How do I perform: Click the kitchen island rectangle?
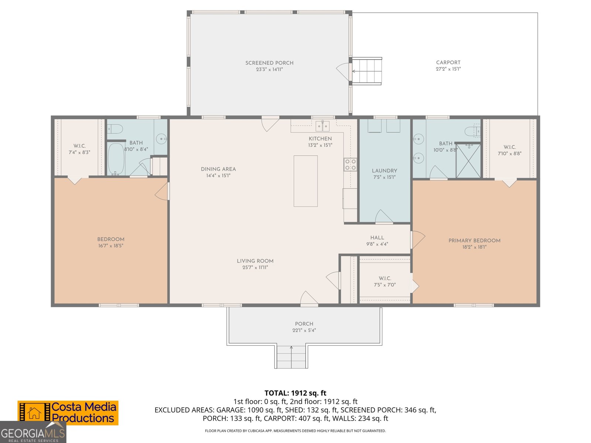[x=305, y=181]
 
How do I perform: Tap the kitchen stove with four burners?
[x=350, y=165]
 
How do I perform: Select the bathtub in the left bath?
[x=116, y=159]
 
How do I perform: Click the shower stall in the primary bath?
[x=468, y=161]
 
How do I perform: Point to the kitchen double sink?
[x=322, y=126]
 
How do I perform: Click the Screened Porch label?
[x=269, y=63]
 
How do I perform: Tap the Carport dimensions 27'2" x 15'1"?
[x=448, y=69]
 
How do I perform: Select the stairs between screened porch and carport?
[x=366, y=71]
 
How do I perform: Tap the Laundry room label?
[x=384, y=171]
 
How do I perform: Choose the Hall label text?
[x=377, y=237]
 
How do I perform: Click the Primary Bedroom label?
[x=474, y=240]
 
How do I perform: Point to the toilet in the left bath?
[x=116, y=129]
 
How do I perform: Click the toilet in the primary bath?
[x=472, y=131]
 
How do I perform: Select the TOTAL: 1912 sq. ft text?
[x=295, y=393]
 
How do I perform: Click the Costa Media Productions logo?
[x=68, y=413]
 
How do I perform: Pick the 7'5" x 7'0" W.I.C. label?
[x=385, y=285]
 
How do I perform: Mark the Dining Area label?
[x=218, y=169]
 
